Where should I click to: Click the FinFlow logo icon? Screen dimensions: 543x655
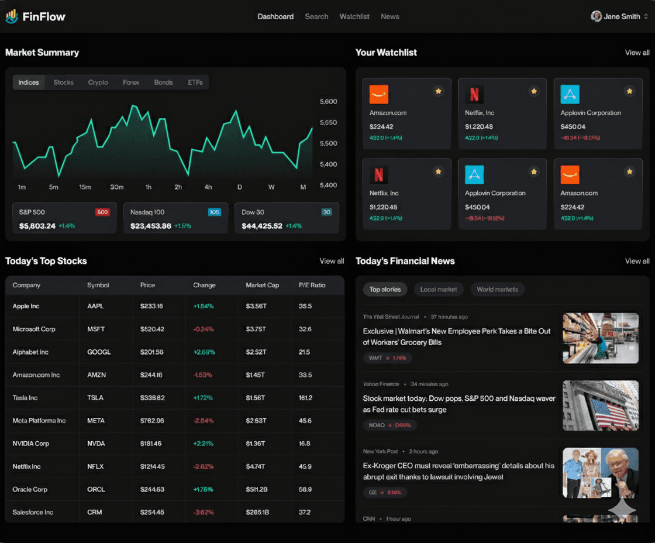click(x=12, y=16)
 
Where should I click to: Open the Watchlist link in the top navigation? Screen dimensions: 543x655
click(x=354, y=16)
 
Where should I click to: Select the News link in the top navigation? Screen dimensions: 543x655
click(x=390, y=16)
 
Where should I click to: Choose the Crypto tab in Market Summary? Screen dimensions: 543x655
click(x=98, y=83)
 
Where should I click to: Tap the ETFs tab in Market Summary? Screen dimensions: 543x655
click(x=195, y=83)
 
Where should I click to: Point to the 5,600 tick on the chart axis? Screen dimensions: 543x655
click(x=329, y=101)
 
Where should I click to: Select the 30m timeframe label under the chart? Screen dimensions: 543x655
click(x=117, y=187)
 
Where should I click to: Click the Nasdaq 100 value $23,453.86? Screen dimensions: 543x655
click(x=151, y=226)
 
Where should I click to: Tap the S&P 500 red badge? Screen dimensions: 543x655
click(x=102, y=212)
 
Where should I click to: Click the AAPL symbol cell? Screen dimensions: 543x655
click(x=95, y=306)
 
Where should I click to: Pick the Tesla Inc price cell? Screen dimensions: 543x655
click(x=152, y=398)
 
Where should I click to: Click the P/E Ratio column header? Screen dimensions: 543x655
click(x=312, y=285)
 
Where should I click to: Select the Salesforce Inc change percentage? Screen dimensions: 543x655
click(x=204, y=512)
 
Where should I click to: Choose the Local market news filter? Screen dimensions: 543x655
click(x=439, y=289)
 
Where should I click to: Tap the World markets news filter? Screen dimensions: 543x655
click(x=497, y=289)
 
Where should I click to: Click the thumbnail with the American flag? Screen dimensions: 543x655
click(x=601, y=405)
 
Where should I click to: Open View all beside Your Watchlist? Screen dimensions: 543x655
click(x=637, y=53)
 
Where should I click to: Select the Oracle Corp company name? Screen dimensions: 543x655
click(x=30, y=489)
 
